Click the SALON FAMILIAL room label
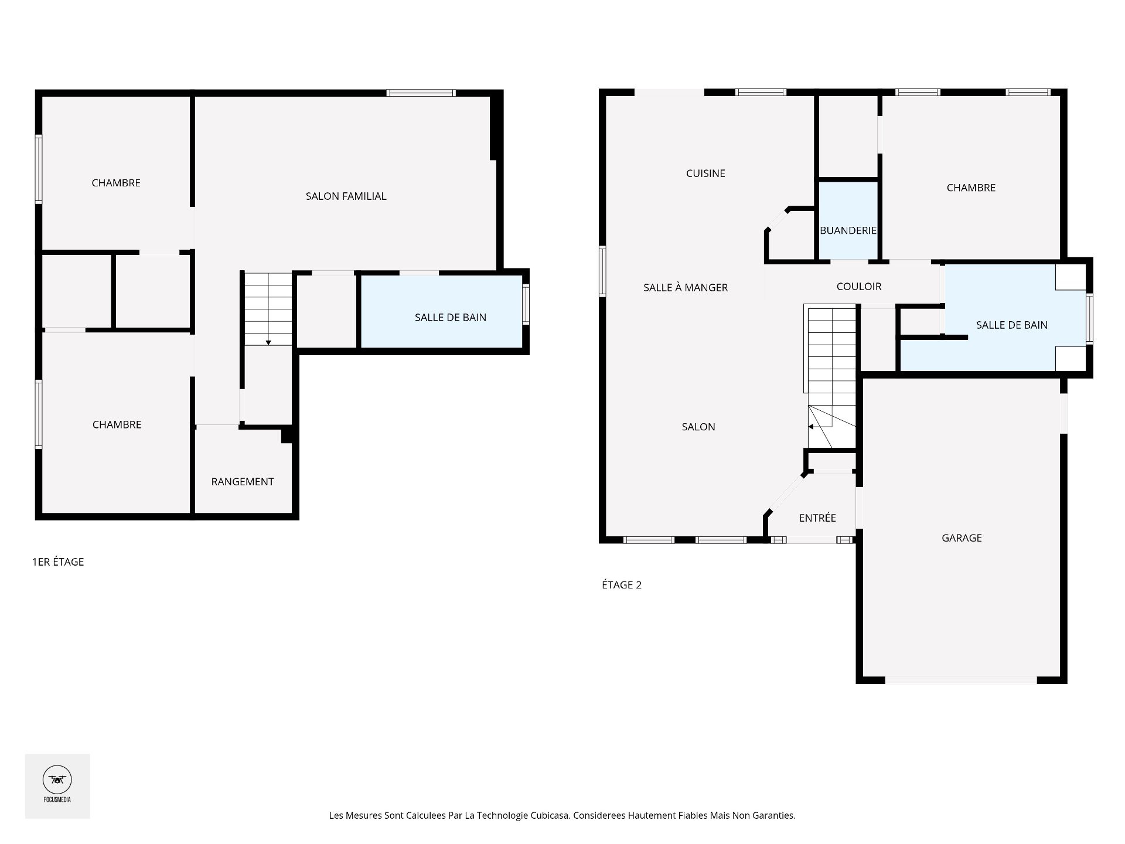coord(346,196)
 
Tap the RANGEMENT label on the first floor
coord(242,482)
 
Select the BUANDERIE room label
coord(848,231)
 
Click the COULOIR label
coord(858,287)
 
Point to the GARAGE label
coord(962,538)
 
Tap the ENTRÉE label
coord(817,518)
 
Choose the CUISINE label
coord(705,173)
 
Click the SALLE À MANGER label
coord(686,288)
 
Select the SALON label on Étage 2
coord(698,427)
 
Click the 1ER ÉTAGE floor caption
coord(58,562)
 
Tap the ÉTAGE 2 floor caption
coord(622,585)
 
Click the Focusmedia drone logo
coord(57,781)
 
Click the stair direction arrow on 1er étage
coord(268,342)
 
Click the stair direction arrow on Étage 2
coord(811,427)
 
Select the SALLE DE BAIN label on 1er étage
coord(450,318)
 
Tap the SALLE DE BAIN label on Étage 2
coord(1011,325)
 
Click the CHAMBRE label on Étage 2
coord(971,188)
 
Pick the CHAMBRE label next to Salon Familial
coord(116,183)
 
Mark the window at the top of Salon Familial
coord(421,93)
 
